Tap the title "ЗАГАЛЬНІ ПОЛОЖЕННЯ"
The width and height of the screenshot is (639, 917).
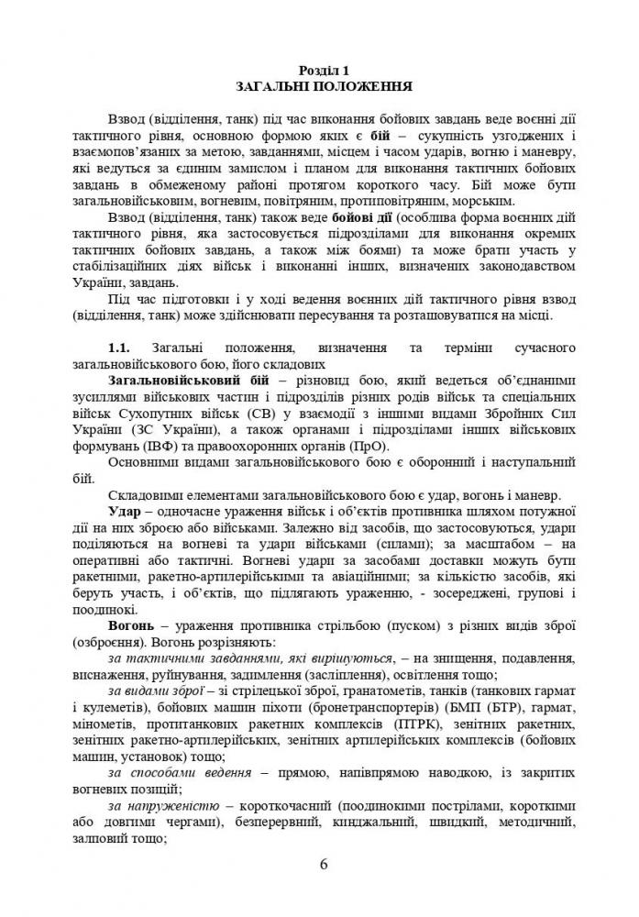319,88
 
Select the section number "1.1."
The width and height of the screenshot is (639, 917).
122,348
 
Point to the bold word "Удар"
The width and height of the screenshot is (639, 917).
124,510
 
